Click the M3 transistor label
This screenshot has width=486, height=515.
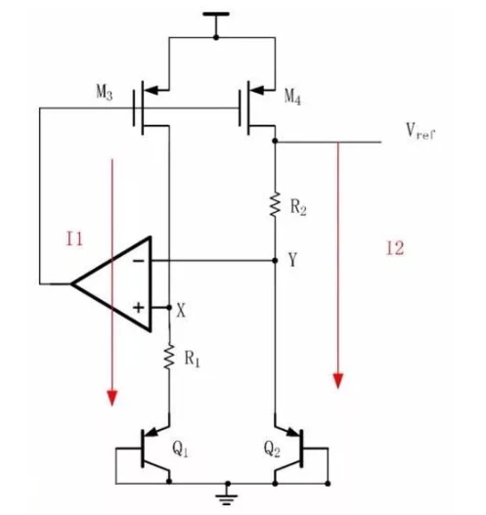pyautogui.click(x=105, y=92)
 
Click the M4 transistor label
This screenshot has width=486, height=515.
pyautogui.click(x=292, y=97)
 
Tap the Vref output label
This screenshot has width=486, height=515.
pyautogui.click(x=420, y=131)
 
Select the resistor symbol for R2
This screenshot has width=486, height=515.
pyautogui.click(x=276, y=204)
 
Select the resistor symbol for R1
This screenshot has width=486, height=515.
pyautogui.click(x=169, y=357)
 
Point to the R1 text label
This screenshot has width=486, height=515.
pyautogui.click(x=192, y=359)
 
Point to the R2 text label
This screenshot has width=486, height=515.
pyautogui.click(x=298, y=207)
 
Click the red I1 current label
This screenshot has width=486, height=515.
pyautogui.click(x=74, y=238)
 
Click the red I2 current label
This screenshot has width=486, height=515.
pyautogui.click(x=395, y=248)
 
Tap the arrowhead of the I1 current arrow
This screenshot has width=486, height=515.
pyautogui.click(x=112, y=398)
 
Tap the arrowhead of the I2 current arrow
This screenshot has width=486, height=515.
pyautogui.click(x=338, y=381)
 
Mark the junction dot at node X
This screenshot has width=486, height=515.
pyautogui.click(x=169, y=308)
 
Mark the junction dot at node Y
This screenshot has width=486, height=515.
pyautogui.click(x=276, y=261)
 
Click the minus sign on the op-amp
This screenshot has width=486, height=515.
pyautogui.click(x=138, y=262)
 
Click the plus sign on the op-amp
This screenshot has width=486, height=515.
pyautogui.click(x=138, y=308)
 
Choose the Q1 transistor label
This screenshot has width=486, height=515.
pyautogui.click(x=180, y=449)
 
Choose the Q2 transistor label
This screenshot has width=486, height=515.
pyautogui.click(x=272, y=449)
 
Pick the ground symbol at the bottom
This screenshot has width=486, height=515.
pyautogui.click(x=228, y=496)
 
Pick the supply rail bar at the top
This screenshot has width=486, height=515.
pyautogui.click(x=216, y=14)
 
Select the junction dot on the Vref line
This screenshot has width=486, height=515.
pyautogui.click(x=276, y=142)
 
